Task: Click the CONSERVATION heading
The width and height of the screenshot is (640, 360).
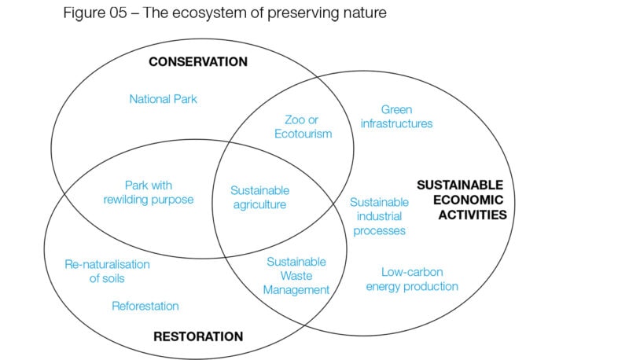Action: (x=198, y=61)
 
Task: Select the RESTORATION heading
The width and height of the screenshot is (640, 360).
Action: (x=198, y=336)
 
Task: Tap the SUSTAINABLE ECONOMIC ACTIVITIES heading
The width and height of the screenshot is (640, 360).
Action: (x=462, y=200)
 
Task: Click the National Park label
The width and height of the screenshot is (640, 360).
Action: (x=163, y=99)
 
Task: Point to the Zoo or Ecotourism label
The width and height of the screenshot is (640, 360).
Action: (x=303, y=127)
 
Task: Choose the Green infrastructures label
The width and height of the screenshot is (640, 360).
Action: (x=396, y=116)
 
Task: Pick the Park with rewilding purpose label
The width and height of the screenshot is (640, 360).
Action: (x=148, y=193)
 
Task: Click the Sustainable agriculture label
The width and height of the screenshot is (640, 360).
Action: (x=260, y=197)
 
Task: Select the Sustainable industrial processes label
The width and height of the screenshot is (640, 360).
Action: (x=379, y=216)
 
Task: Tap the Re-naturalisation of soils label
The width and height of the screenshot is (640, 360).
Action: (x=107, y=271)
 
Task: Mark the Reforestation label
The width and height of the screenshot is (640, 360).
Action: (x=145, y=306)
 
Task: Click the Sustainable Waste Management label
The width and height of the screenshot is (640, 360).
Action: (x=296, y=276)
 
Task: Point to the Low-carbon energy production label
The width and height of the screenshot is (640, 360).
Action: (x=412, y=279)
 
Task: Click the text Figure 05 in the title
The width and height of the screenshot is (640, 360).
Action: (x=95, y=13)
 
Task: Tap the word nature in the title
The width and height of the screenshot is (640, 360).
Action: (x=365, y=13)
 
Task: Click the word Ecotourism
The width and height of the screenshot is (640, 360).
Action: (x=303, y=134)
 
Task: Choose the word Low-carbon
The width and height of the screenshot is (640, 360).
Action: (x=412, y=272)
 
